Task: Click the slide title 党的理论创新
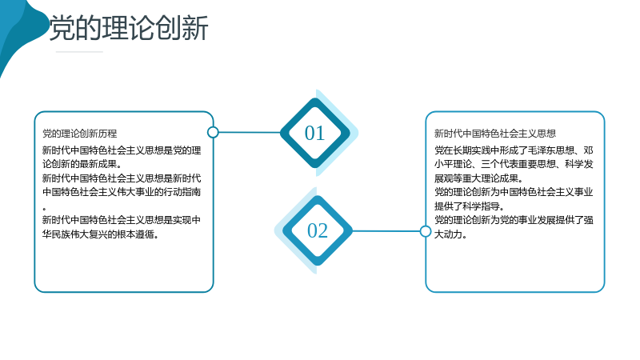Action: [x=129, y=28]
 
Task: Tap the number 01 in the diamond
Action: [x=314, y=133]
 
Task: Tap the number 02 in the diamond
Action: [x=317, y=230]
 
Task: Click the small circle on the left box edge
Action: [x=213, y=132]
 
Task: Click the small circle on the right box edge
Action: [x=426, y=231]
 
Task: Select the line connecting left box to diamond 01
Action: [x=250, y=132]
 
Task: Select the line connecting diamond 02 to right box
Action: [x=386, y=231]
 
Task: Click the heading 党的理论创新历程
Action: [x=79, y=134]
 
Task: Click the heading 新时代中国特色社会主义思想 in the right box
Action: [x=494, y=134]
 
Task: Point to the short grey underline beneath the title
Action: [x=79, y=52]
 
